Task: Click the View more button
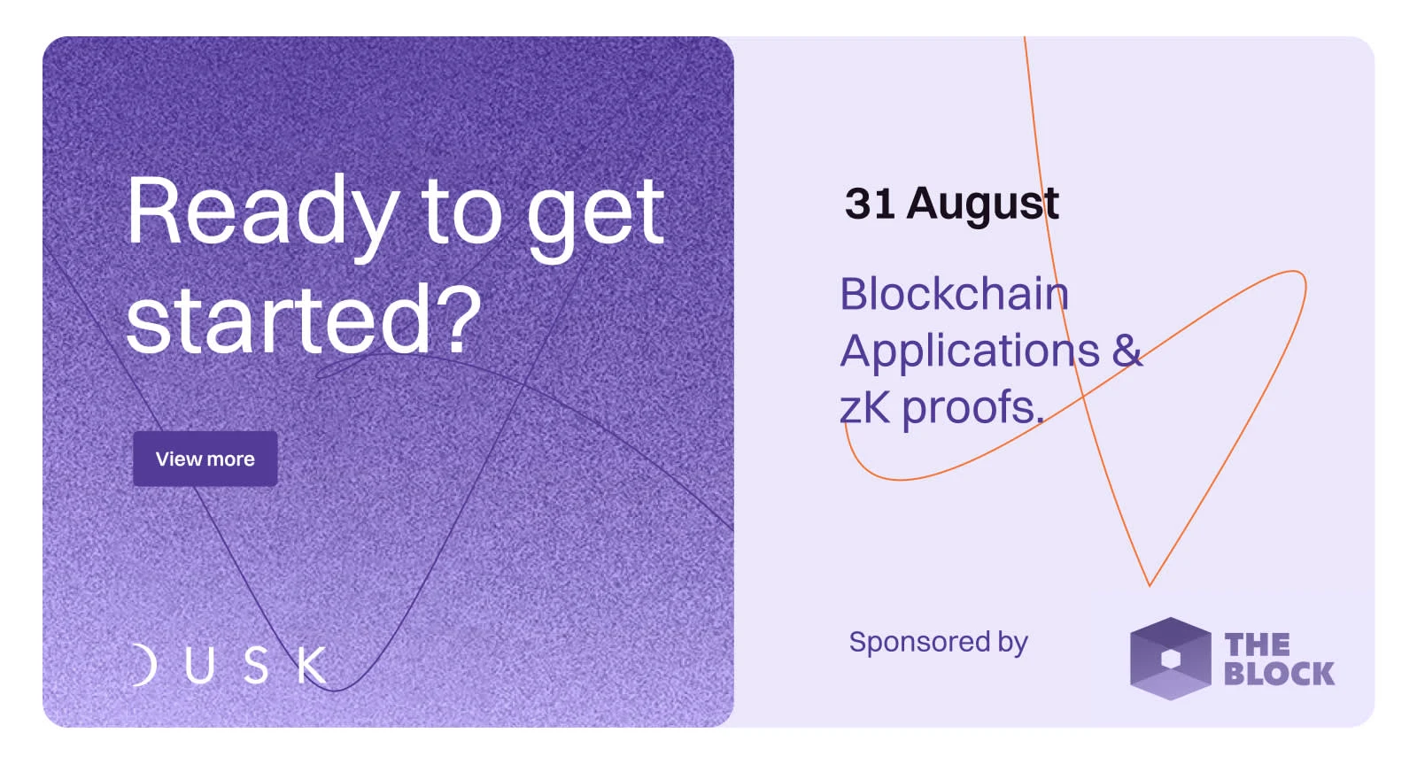205,459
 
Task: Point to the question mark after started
460,315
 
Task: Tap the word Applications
970,351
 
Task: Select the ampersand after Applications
1127,350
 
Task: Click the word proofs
973,409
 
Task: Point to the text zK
864,407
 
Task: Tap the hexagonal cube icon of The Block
1170,659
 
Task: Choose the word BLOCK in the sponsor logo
1279,674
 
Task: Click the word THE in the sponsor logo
1257,645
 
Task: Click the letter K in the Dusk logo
313,665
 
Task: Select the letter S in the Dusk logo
256,665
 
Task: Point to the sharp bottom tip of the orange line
1150,586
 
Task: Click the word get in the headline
595,217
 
